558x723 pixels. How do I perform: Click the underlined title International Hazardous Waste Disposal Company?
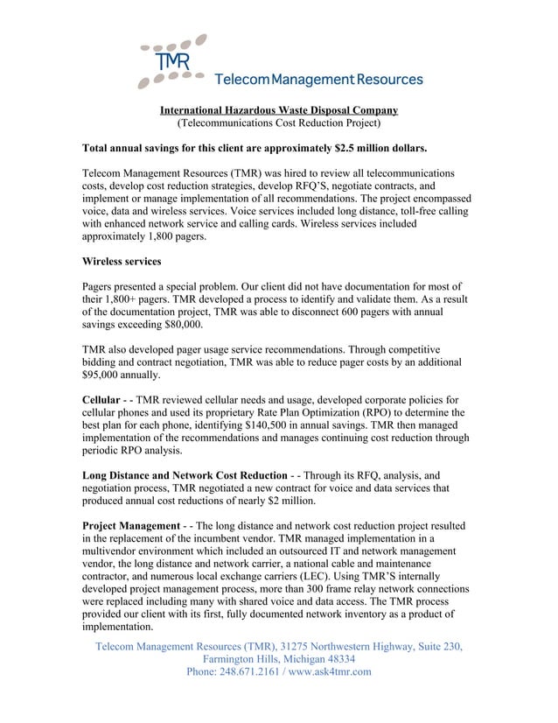(278, 110)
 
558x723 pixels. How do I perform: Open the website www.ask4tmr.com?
(330, 672)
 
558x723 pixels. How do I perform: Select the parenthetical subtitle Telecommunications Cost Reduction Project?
(279, 124)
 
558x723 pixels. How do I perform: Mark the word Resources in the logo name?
(387, 80)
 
